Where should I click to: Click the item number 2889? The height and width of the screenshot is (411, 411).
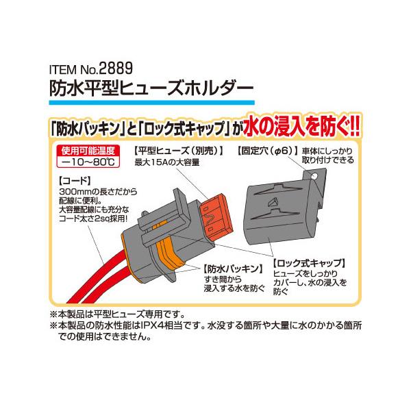pyautogui.click(x=116, y=68)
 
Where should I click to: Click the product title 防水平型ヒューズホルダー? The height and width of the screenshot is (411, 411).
pyautogui.click(x=151, y=88)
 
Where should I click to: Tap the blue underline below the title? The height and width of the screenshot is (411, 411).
pyautogui.click(x=152, y=103)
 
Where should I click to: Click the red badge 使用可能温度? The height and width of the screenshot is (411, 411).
pyautogui.click(x=88, y=151)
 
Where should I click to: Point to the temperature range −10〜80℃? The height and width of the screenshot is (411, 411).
pyautogui.click(x=88, y=162)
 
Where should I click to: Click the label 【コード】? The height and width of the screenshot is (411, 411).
pyautogui.click(x=75, y=181)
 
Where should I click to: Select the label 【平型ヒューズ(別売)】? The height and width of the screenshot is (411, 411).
pyautogui.click(x=178, y=151)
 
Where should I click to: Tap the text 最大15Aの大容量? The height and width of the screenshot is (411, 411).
pyautogui.click(x=167, y=163)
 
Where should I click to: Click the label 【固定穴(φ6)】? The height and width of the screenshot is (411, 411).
pyautogui.click(x=268, y=151)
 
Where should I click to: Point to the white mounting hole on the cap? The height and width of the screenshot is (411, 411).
pyautogui.click(x=314, y=176)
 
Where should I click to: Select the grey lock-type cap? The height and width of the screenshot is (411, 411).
pyautogui.click(x=283, y=210)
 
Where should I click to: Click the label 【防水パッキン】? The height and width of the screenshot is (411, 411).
pyautogui.click(x=233, y=269)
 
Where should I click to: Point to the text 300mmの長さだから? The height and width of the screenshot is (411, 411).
pyautogui.click(x=98, y=192)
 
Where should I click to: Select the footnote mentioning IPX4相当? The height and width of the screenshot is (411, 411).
pyautogui.click(x=206, y=331)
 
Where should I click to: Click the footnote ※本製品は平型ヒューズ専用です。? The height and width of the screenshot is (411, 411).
pyautogui.click(x=117, y=314)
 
